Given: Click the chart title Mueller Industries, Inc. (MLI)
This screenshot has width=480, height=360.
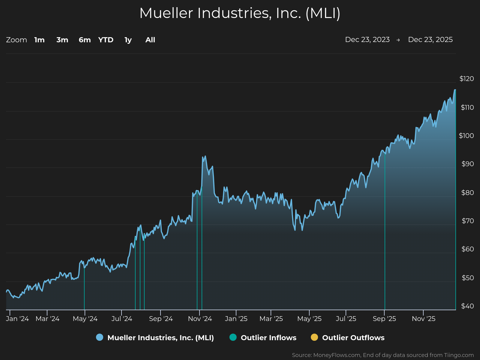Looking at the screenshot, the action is pyautogui.click(x=240, y=13).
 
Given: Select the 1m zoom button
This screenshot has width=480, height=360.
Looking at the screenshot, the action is pyautogui.click(x=39, y=40).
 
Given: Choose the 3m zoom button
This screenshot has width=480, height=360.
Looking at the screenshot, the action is pyautogui.click(x=62, y=40).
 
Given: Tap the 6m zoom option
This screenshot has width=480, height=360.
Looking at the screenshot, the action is pyautogui.click(x=85, y=40).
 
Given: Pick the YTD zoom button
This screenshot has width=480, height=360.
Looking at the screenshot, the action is pyautogui.click(x=106, y=40).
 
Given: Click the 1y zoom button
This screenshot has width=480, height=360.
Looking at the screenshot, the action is pyautogui.click(x=128, y=40).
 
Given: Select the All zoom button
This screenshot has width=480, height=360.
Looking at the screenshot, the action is pyautogui.click(x=150, y=40).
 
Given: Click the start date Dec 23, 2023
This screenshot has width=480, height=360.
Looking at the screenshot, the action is pyautogui.click(x=367, y=40).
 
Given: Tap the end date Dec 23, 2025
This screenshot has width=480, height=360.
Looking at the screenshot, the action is pyautogui.click(x=430, y=40).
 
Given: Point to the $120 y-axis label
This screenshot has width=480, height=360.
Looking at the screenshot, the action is pyautogui.click(x=467, y=79).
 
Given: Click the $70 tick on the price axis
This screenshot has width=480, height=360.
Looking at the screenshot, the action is pyautogui.click(x=468, y=221).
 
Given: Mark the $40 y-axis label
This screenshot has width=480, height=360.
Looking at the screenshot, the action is pyautogui.click(x=467, y=306).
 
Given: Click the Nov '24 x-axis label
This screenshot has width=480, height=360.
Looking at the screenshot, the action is pyautogui.click(x=200, y=319).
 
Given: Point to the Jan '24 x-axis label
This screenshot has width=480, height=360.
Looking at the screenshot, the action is pyautogui.click(x=17, y=319).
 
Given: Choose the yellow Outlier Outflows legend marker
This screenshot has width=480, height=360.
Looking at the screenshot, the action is pyautogui.click(x=314, y=337).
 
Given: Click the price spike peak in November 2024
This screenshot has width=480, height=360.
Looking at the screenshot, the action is pyautogui.click(x=205, y=156).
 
